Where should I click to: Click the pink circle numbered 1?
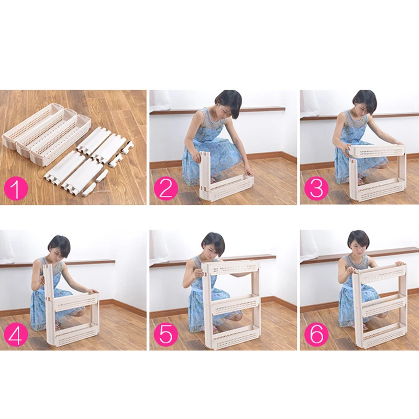point(16,189)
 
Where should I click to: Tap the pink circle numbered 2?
point(166,189)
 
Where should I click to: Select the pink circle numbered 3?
point(316,189)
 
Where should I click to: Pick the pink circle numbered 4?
point(16,334)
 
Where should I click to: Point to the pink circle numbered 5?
point(166,334)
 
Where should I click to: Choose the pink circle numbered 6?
point(316,334)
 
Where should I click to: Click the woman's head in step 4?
point(59,248)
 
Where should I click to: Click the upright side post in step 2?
point(205,174)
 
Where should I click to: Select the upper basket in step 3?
point(377,151)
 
